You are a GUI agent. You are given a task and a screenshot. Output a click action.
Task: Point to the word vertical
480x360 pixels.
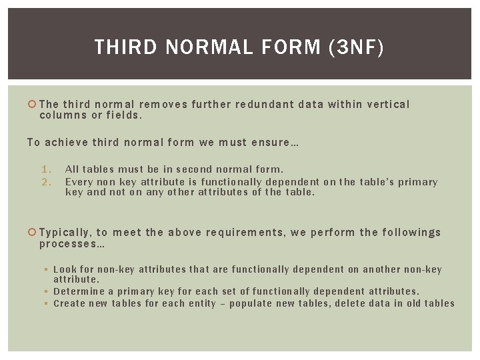387,104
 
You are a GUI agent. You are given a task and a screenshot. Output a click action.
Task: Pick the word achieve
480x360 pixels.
68,142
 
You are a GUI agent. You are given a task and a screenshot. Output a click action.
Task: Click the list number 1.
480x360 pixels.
45,169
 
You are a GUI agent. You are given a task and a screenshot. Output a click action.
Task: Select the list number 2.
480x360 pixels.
45,181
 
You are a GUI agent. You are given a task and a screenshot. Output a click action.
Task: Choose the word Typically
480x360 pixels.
65,233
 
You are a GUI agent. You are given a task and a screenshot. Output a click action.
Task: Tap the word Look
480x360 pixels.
65,270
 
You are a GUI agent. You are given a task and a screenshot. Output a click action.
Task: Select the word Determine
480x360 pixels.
78,291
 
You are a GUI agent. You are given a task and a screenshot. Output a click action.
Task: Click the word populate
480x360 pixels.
249,303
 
